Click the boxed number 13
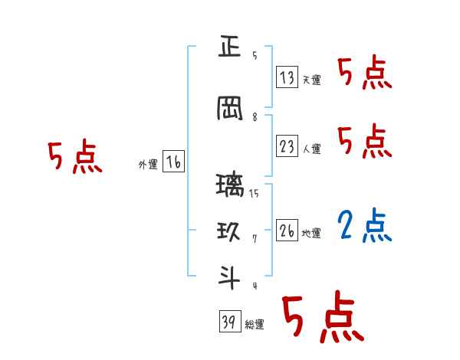coord(287,77)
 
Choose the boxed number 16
coord(173,162)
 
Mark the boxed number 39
coord(229,322)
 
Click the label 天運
coord(311,80)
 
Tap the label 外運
coord(147,165)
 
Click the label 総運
coord(254,325)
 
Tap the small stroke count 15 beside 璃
coord(254,194)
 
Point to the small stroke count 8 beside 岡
coord(254,117)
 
